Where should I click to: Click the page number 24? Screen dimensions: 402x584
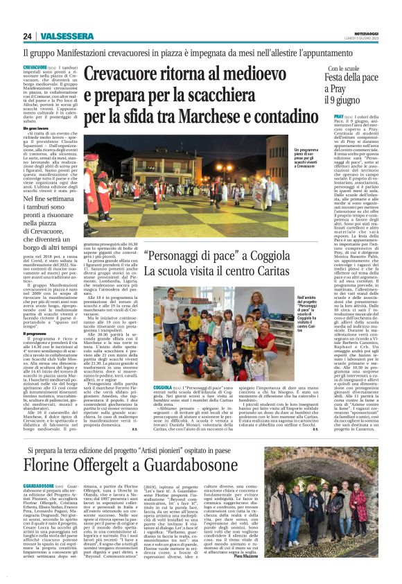[28, 36]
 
